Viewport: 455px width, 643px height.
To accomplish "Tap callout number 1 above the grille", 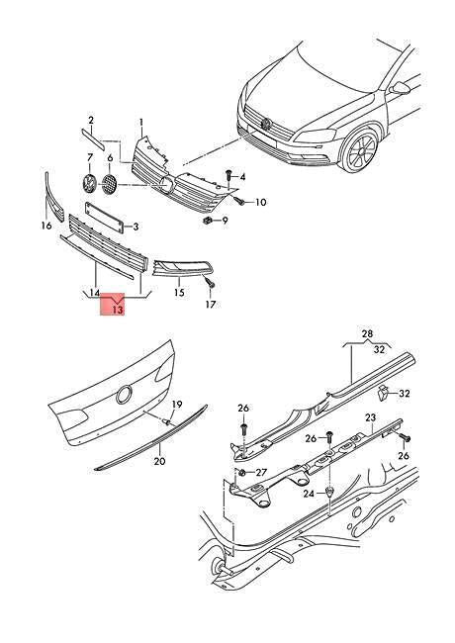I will (141, 123).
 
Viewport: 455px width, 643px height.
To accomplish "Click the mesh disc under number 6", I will (110, 183).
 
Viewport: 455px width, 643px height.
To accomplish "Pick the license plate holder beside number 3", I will (103, 217).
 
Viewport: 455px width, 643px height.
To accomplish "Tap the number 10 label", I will (261, 203).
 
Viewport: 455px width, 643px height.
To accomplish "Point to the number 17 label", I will (210, 305).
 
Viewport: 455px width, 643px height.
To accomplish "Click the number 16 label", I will (45, 227).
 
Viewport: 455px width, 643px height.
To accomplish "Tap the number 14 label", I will (94, 293).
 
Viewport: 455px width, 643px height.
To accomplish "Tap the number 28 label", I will (367, 334).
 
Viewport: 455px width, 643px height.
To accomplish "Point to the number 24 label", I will (308, 493).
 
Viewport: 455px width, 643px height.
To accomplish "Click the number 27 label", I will (261, 474).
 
